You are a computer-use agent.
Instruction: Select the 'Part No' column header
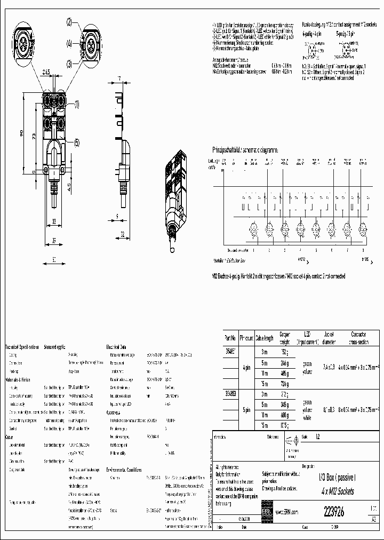(230, 338)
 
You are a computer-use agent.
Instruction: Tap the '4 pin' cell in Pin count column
(246, 367)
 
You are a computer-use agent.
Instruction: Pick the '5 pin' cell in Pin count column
(246, 410)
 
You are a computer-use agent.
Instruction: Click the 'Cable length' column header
(264, 338)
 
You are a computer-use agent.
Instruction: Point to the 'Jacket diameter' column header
(329, 338)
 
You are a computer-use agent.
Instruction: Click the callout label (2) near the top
(69, 22)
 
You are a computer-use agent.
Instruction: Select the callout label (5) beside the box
(77, 142)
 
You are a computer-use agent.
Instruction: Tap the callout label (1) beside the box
(76, 105)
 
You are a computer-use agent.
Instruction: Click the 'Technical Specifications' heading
(22, 346)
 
